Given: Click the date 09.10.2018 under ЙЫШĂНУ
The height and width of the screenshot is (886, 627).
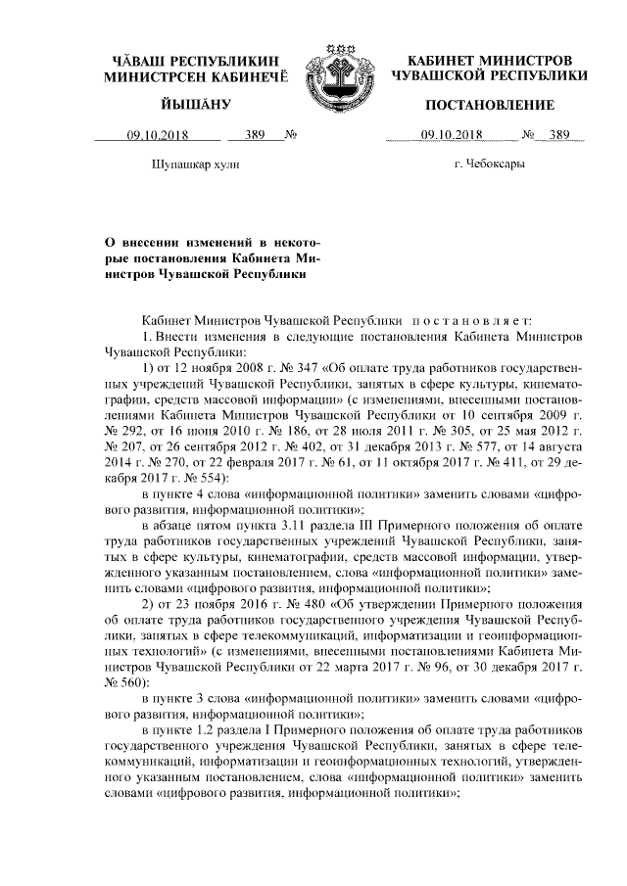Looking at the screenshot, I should pos(156,136).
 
